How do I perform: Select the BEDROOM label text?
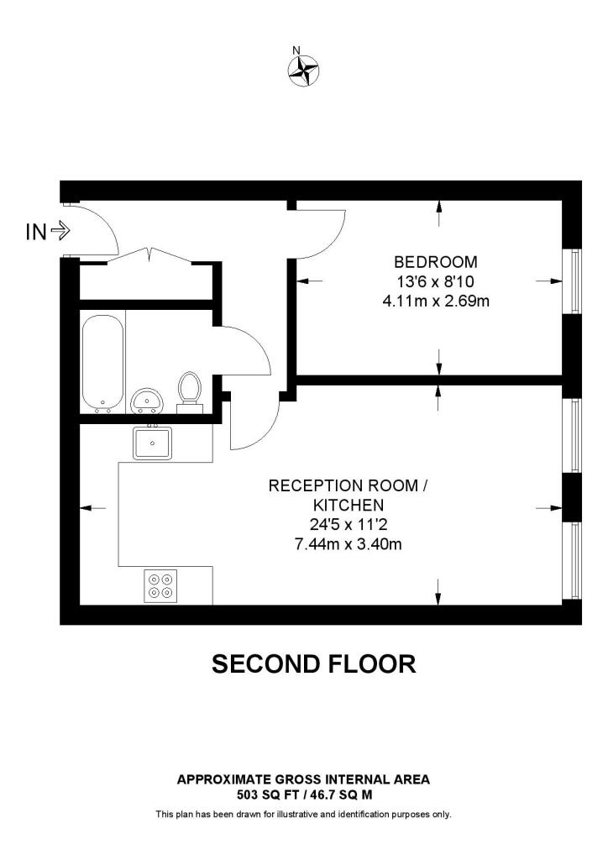pos(436,262)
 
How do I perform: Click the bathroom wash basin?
pos(149,401)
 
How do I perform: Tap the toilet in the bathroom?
pos(191,391)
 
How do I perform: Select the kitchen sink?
pos(152,443)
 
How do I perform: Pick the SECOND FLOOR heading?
pos(313,664)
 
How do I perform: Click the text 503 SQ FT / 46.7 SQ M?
pos(303,794)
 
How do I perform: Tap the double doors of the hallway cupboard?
pos(149,254)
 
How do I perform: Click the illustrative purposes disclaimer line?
pos(303,814)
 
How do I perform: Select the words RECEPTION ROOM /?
pos(348,486)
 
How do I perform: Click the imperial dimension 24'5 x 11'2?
pos(348,525)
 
